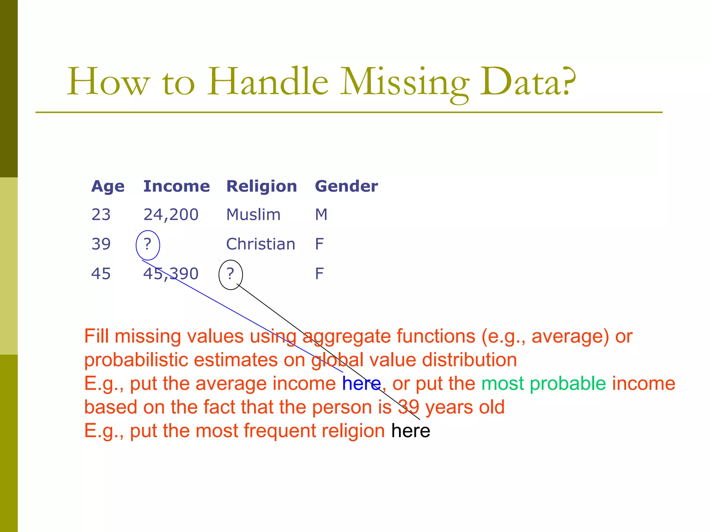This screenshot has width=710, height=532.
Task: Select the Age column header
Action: pos(108,187)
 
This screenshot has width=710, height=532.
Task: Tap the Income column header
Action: pos(176,186)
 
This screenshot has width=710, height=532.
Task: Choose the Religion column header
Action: pos(261,187)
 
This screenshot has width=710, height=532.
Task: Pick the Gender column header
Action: pos(346,186)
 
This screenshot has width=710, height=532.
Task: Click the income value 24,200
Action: pos(171,215)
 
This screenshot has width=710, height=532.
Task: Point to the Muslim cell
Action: pos(253,215)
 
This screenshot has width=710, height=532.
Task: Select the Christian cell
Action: pos(260,244)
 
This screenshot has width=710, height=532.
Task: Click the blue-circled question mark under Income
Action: pos(148,245)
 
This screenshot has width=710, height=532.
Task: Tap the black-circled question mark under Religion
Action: pos(231,274)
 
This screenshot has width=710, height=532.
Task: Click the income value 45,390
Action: pos(171,274)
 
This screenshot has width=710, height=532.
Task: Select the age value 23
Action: pos(101,215)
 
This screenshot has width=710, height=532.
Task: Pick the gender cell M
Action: pos(321,215)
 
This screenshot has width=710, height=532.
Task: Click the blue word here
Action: pos(361,384)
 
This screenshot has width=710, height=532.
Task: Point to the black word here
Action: pos(410,431)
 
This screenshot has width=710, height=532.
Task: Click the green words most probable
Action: pos(543,384)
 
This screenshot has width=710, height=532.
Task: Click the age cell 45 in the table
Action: pos(101,274)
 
